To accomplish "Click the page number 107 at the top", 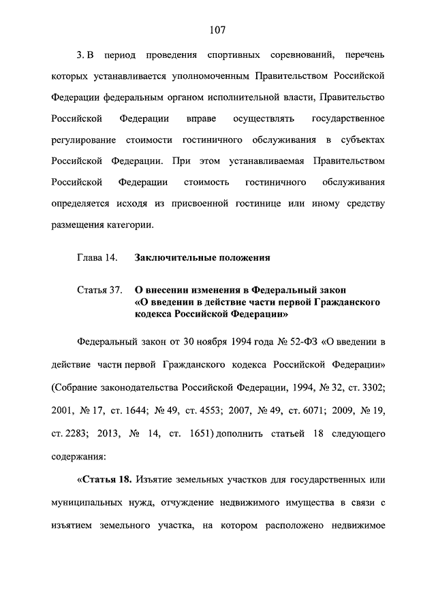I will click(x=217, y=29).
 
